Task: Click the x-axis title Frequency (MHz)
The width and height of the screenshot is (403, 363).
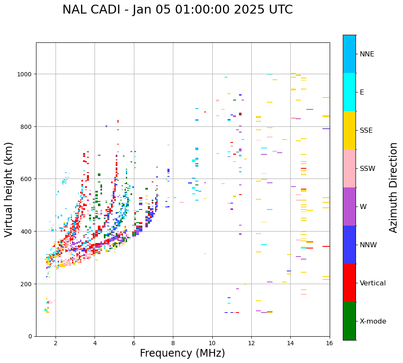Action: [182, 353]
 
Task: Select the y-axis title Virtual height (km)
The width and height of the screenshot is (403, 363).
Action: [9, 189]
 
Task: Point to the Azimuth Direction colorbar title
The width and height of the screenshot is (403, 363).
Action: [394, 187]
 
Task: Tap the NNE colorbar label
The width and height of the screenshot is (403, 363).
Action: [367, 54]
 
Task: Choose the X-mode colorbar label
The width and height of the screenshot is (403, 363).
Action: [373, 321]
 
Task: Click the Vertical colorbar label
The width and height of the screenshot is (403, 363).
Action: [372, 283]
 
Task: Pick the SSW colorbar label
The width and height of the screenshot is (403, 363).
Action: [367, 169]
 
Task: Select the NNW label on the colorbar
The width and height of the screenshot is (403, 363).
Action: [369, 245]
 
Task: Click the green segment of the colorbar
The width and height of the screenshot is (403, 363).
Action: [349, 321]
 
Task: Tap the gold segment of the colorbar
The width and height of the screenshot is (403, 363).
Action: [349, 130]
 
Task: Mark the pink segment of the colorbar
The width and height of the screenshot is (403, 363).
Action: [349, 168]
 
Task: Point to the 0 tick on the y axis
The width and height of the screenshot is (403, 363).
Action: [30, 336]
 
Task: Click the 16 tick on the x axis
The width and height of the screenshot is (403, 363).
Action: [329, 343]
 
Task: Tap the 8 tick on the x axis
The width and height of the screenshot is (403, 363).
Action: [173, 343]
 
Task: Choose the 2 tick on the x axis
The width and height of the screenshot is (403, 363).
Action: [56, 343]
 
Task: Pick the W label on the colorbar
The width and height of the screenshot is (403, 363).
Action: [363, 207]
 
